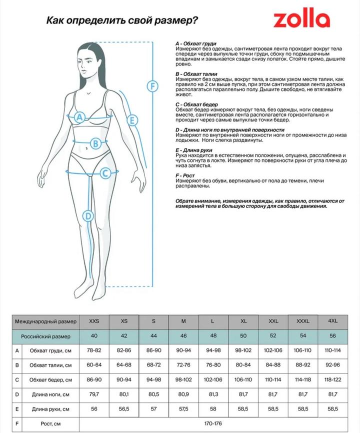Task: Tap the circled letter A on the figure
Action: coord(79,117)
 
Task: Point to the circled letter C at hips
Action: coord(105,173)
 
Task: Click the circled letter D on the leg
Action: coord(88,216)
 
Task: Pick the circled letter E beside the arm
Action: coord(132,120)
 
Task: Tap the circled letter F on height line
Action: coord(152,85)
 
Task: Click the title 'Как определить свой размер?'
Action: coord(121,20)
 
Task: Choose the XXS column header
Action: coord(93,320)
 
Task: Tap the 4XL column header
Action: coord(332,320)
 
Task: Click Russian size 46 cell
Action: coord(183,336)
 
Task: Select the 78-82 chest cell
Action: coord(93,350)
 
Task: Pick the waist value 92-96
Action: coord(332,365)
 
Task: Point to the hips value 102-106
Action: coord(213,380)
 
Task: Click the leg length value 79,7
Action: coord(93,394)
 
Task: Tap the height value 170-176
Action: coord(213,424)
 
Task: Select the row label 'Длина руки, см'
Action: coord(50,409)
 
